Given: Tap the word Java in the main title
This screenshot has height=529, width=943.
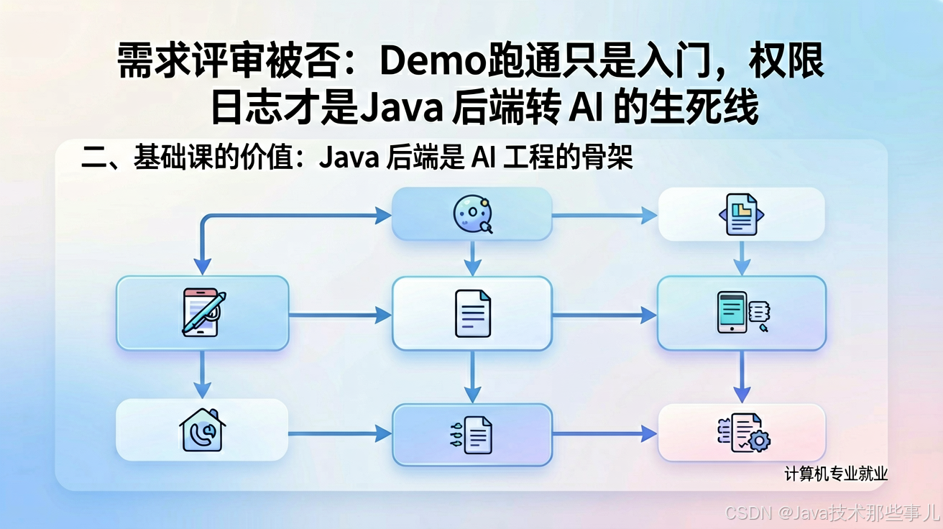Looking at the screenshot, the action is pyautogui.click(x=401, y=107).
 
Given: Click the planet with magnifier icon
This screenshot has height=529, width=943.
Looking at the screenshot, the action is pyautogui.click(x=473, y=213).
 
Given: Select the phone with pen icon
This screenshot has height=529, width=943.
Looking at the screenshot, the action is pyautogui.click(x=203, y=312).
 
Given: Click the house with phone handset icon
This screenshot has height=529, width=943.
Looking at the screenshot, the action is pyautogui.click(x=202, y=430).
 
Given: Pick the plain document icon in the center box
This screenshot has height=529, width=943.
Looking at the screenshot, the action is pyautogui.click(x=473, y=313).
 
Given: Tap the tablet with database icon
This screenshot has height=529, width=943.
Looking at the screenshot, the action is pyautogui.click(x=743, y=312).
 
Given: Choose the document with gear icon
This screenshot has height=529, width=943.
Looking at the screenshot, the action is pyautogui.click(x=744, y=433).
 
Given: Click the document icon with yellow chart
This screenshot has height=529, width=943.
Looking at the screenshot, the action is pyautogui.click(x=741, y=213).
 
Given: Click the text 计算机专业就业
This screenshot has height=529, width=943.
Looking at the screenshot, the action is pyautogui.click(x=836, y=474).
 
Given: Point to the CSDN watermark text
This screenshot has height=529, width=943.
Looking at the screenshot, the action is pyautogui.click(x=833, y=512).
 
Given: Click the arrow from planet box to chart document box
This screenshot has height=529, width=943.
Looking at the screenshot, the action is pyautogui.click(x=604, y=216).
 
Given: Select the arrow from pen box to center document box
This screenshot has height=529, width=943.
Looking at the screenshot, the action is pyautogui.click(x=340, y=315).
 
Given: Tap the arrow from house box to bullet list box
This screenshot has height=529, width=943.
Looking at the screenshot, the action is pyautogui.click(x=340, y=433).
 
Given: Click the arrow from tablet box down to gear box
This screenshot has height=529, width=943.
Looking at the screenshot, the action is pyautogui.click(x=742, y=377).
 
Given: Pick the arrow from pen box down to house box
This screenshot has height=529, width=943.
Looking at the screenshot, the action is pyautogui.click(x=203, y=374).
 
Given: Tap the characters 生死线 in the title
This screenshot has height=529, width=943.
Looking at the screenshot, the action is pyautogui.click(x=704, y=107).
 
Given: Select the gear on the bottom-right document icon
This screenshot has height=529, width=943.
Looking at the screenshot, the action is pyautogui.click(x=759, y=441).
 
